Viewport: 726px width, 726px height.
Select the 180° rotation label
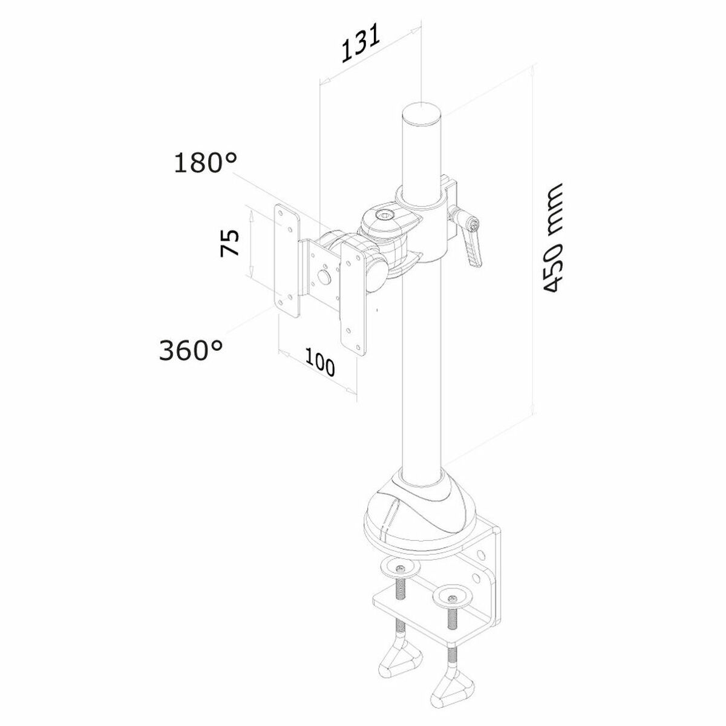click(206, 163)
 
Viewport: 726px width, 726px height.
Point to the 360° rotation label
click(191, 350)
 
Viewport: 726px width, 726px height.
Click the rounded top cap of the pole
click(422, 113)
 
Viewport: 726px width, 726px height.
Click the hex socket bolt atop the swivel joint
click(382, 215)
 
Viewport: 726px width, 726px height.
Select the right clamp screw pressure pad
click(453, 598)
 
